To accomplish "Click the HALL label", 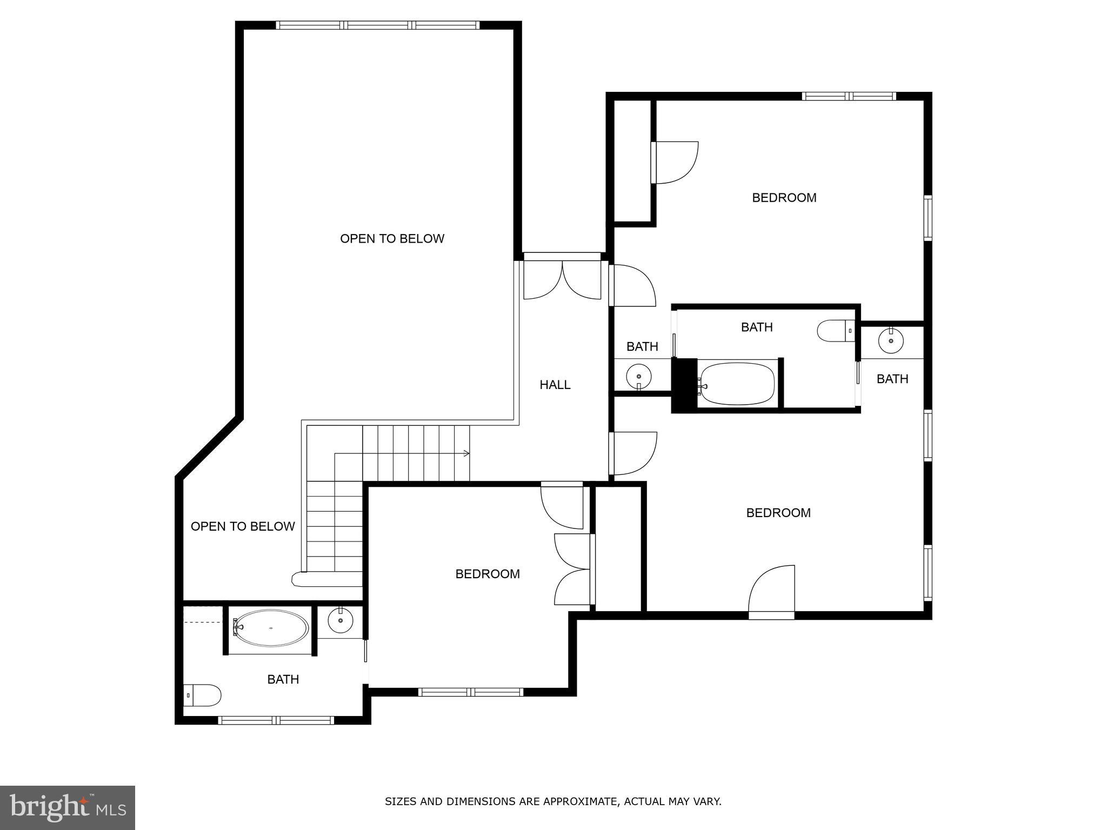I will [x=555, y=385].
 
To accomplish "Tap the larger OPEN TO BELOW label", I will [x=392, y=238].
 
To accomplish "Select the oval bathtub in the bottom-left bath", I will [x=272, y=628].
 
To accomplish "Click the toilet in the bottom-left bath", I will [x=203, y=695].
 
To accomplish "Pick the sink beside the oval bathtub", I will [x=341, y=621].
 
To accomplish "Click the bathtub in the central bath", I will [x=737, y=384].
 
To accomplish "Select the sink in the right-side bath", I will [x=890, y=341].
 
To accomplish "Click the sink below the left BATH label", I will [x=639, y=376].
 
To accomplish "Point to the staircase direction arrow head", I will [x=468, y=453].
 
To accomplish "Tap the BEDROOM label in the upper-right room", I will [x=784, y=198].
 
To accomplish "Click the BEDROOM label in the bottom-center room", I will [x=488, y=574].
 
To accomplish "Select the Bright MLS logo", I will [x=68, y=807].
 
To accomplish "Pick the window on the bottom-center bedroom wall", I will [x=470, y=692].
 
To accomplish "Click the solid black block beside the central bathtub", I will [x=684, y=385].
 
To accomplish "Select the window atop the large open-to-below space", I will [x=378, y=25].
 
